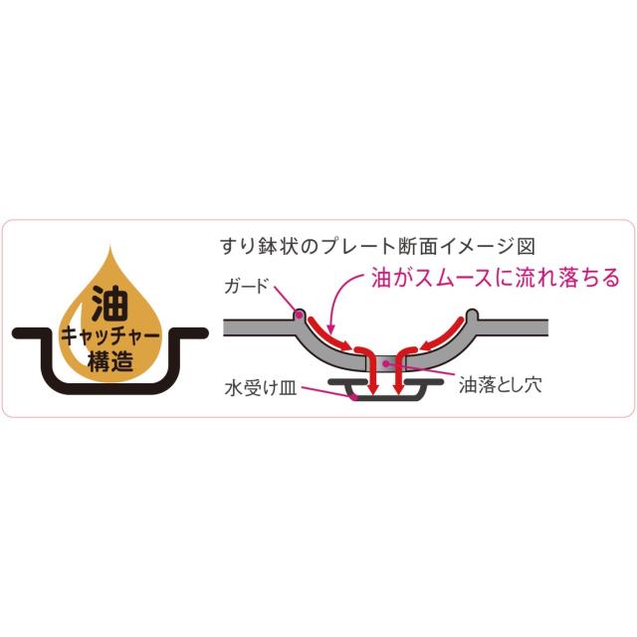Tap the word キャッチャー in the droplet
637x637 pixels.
[x=109, y=336]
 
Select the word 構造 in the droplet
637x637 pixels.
[x=110, y=360]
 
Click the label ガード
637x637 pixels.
[x=247, y=287]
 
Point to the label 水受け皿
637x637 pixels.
[x=261, y=387]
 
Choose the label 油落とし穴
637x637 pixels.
[x=500, y=384]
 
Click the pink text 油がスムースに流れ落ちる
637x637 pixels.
[x=496, y=278]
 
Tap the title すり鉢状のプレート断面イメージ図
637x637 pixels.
[x=377, y=246]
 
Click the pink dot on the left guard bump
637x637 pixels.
[x=300, y=315]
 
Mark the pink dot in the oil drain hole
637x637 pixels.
[x=386, y=363]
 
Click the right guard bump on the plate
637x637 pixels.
[x=472, y=316]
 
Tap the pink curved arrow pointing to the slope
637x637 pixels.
[x=342, y=300]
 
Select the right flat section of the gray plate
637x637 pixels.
[x=513, y=327]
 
